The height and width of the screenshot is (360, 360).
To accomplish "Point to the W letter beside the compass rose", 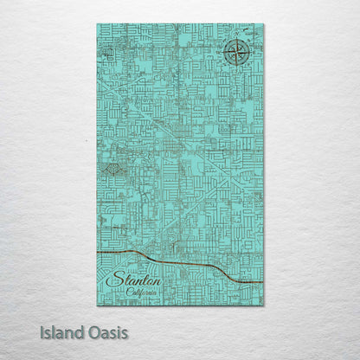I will point(222,53).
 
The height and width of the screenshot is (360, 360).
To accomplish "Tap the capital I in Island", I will point(43,331).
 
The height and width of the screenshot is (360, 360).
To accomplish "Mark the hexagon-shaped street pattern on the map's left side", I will point(112,170).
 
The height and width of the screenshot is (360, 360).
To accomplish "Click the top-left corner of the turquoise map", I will point(98,25).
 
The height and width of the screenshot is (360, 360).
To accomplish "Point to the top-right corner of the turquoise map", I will point(263,25).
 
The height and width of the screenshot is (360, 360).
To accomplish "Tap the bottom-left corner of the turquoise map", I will point(98,305).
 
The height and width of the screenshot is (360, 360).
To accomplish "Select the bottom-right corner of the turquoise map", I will point(263,305).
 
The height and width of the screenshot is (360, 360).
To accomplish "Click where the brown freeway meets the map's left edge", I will point(99,251).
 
